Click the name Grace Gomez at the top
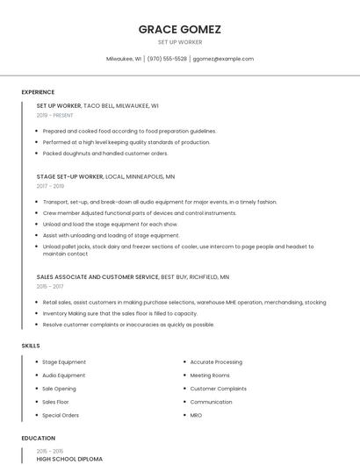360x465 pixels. (179, 29)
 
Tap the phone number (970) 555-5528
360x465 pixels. (167, 59)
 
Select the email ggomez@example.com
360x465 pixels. (223, 59)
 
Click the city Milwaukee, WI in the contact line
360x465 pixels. (124, 59)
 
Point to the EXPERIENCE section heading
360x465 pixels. (38, 92)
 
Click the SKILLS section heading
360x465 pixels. (31, 346)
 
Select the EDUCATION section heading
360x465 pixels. (39, 438)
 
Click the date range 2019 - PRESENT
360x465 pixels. (54, 115)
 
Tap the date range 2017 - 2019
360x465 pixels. (50, 186)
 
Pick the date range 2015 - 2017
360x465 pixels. (50, 286)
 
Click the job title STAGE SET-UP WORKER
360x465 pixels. (69, 176)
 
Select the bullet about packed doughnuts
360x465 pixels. (104, 154)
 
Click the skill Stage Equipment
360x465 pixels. (64, 361)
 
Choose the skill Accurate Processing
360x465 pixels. (216, 361)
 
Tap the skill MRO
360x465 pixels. (196, 414)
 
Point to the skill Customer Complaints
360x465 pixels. (218, 388)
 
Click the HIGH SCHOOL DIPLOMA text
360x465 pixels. (69, 459)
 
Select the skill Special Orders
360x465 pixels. (61, 414)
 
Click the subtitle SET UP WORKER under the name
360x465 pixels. (179, 42)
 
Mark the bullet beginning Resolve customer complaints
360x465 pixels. (128, 325)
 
